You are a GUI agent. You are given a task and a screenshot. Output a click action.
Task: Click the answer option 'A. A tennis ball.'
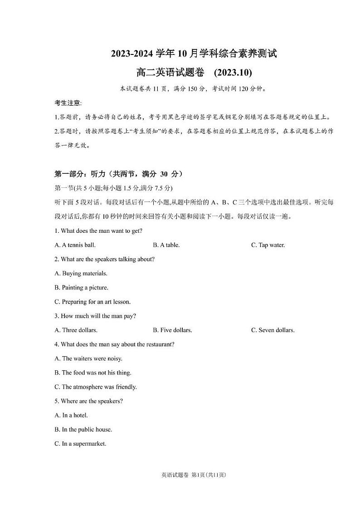pyautogui.click(x=75, y=245)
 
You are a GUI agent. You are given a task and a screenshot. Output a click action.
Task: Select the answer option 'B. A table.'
pyautogui.click(x=166, y=245)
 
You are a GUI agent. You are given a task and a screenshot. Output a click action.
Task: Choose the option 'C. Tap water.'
pyautogui.click(x=268, y=245)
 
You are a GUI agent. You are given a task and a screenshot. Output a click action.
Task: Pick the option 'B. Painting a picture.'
pyautogui.click(x=81, y=288)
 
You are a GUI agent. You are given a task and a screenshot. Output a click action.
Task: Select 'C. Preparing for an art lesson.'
pyautogui.click(x=92, y=302)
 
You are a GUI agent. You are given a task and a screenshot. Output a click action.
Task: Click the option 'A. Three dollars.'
pyautogui.click(x=76, y=330)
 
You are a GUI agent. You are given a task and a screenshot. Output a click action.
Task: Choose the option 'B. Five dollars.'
pyautogui.click(x=172, y=330)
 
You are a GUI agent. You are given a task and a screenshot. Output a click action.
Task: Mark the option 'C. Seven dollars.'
pyautogui.click(x=273, y=330)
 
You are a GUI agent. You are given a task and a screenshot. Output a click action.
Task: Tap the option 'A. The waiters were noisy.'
pyautogui.click(x=88, y=358)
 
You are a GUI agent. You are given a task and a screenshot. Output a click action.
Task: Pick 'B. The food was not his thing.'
pyautogui.click(x=93, y=373)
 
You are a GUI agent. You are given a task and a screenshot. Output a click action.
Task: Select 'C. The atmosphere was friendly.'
pyautogui.click(x=96, y=387)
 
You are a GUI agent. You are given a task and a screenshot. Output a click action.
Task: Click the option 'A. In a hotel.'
pyautogui.click(x=71, y=415)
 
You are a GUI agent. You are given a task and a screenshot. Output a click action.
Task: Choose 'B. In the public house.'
pyautogui.click(x=83, y=430)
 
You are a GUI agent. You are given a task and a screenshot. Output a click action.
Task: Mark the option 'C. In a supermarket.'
pyautogui.click(x=80, y=444)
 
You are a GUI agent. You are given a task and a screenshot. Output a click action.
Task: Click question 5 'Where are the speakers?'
pyautogui.click(x=88, y=401)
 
